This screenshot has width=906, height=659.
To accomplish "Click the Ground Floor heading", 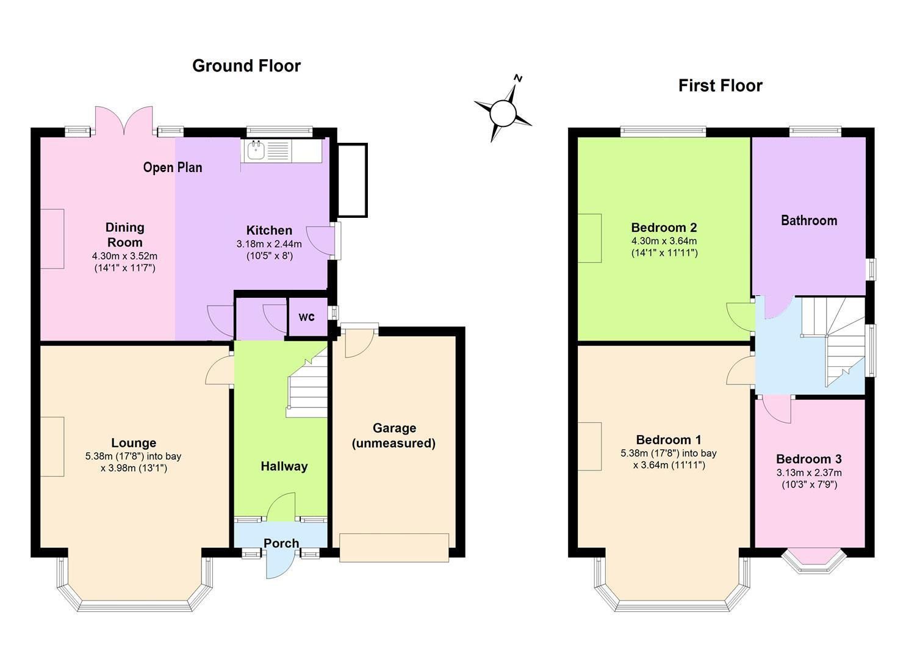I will (246, 66).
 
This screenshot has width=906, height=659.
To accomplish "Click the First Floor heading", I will (720, 85).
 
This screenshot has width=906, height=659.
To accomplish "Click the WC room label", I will (306, 317).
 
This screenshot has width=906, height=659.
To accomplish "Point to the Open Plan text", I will (173, 167).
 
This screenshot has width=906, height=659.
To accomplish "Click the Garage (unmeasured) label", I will (394, 436).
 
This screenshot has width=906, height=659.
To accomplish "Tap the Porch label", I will (281, 543).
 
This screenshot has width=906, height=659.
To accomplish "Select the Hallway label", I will (284, 466).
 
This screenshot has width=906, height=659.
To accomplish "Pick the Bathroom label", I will (808, 220).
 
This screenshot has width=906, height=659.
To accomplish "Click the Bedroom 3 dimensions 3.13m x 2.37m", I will (809, 473).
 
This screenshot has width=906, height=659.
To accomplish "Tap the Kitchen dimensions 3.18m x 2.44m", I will (269, 243).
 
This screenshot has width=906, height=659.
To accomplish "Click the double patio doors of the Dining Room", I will (124, 120).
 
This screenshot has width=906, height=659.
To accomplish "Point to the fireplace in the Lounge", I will (52, 446).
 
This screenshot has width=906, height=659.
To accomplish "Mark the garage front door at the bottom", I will (394, 547).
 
